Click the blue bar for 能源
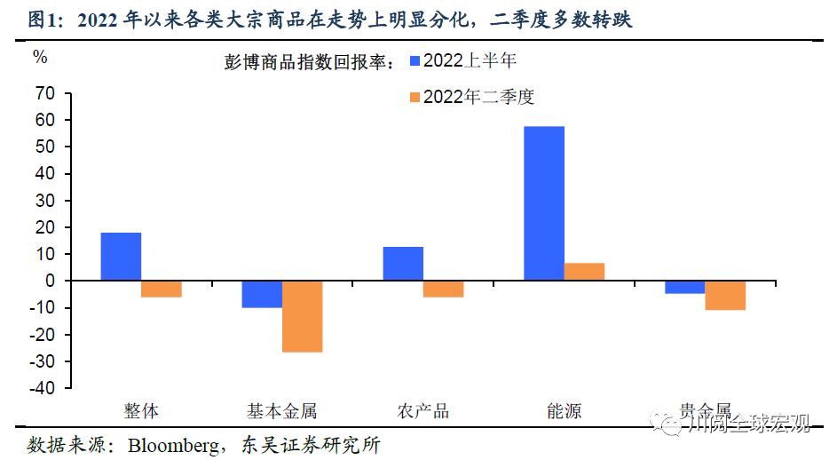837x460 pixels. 543,203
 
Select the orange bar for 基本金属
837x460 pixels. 303,316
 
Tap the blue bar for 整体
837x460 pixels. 121,257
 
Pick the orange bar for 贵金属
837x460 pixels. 725,295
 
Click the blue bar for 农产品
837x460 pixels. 403,264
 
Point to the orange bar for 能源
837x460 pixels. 584,272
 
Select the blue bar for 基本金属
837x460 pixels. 262,294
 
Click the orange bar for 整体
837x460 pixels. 162,289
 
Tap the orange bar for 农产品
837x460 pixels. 443,289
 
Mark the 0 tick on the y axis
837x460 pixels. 50,282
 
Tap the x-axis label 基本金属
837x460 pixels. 281,411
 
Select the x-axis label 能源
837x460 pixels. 564,411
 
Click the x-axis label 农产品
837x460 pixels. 422,411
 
